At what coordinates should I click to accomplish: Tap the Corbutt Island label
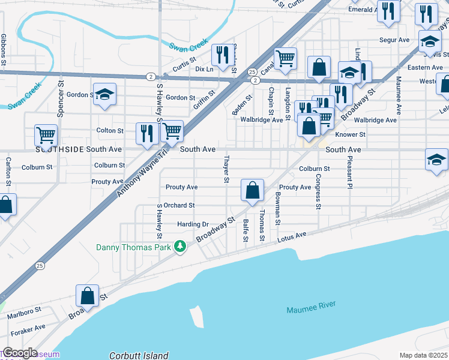pyautogui.click(x=139, y=355)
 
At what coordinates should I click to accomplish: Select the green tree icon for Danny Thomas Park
pyautogui.click(x=179, y=247)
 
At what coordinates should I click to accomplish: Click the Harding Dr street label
pyautogui.click(x=193, y=224)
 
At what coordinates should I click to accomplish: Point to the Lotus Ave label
pyautogui.click(x=292, y=238)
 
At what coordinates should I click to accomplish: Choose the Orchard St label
pyautogui.click(x=179, y=205)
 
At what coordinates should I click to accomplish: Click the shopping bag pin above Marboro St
pyautogui.click(x=88, y=296)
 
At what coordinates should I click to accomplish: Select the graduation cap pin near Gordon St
pyautogui.click(x=104, y=94)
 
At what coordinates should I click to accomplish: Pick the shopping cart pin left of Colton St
pyautogui.click(x=46, y=135)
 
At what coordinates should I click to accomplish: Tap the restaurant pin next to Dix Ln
pyautogui.click(x=223, y=55)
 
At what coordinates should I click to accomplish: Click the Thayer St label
pyautogui.click(x=226, y=169)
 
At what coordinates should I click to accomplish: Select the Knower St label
pyautogui.click(x=350, y=135)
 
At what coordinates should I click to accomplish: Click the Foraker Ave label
pyautogui.click(x=28, y=328)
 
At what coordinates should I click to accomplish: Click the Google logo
pyautogui.click(x=19, y=353)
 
